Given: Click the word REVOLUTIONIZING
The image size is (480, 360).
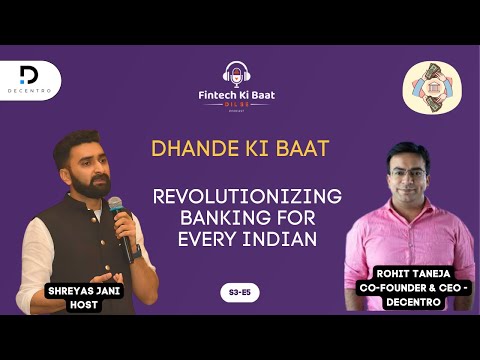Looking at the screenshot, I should (x=246, y=196).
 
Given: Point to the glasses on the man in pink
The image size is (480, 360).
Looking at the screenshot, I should (x=405, y=167).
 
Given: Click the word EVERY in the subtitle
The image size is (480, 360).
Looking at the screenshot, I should (x=210, y=240).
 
